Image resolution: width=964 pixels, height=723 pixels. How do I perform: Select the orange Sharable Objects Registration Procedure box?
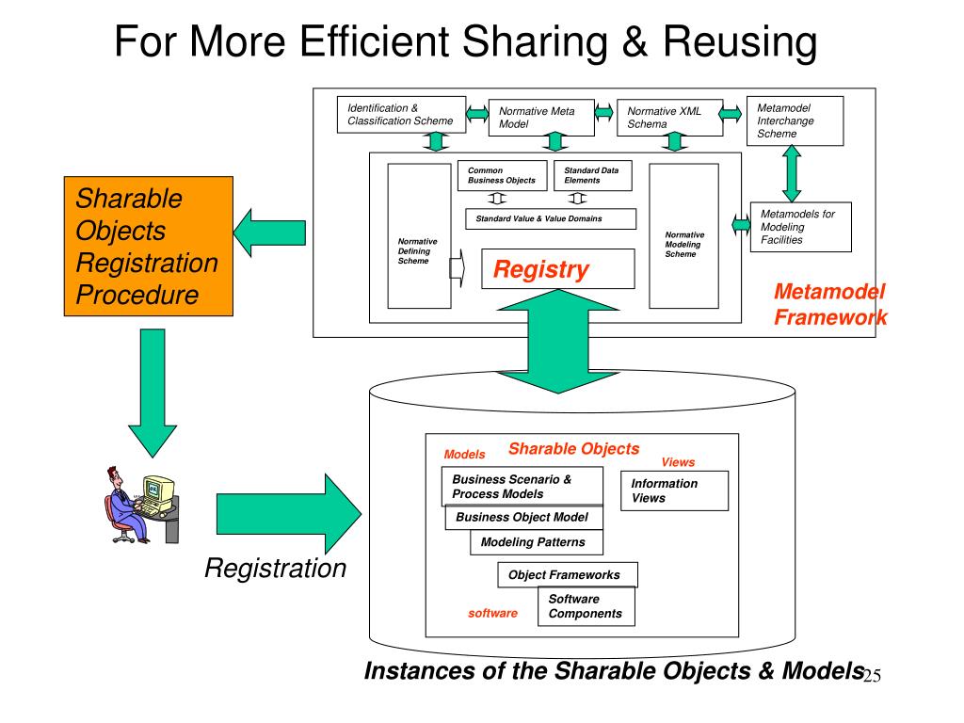(x=149, y=247)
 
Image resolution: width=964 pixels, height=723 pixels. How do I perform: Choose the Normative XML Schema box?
(x=670, y=118)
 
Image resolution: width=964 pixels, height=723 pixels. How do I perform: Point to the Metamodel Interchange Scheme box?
(x=794, y=120)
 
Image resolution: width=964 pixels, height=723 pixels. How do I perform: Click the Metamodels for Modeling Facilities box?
(x=801, y=227)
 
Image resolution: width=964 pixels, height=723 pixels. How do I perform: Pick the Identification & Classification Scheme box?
(x=402, y=115)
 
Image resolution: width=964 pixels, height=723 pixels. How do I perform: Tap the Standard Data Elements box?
(x=592, y=176)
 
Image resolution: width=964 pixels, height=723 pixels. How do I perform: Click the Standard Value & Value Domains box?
(x=551, y=218)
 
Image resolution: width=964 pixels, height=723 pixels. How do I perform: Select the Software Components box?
(x=586, y=606)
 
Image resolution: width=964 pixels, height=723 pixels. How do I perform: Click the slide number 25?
(x=871, y=677)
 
